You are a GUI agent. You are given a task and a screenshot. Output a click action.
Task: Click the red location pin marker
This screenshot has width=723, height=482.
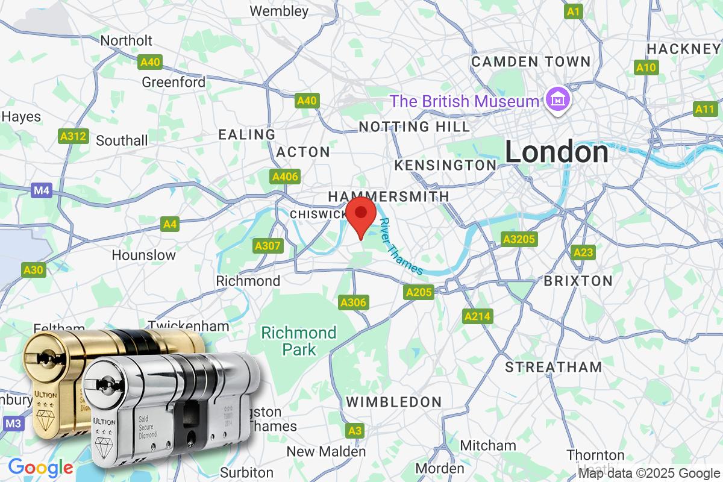pos(361,215)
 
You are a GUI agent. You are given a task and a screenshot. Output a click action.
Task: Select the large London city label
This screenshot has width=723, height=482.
pos(557,152)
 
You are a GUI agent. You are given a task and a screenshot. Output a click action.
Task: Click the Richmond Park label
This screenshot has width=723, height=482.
pos(298,341)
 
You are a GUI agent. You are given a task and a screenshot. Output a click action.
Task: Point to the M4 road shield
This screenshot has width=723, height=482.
pos(41,191)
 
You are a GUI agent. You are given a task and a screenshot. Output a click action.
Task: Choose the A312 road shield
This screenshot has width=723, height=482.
pos(72,136)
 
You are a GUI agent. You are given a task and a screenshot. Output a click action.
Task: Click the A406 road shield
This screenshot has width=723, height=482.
pos(284,177)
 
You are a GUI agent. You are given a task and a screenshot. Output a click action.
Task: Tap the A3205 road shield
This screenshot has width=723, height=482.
pos(519,239)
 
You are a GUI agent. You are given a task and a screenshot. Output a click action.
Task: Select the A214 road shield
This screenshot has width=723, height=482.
pos(478,316)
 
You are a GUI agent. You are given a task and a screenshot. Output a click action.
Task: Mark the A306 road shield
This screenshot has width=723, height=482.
pos(353,302)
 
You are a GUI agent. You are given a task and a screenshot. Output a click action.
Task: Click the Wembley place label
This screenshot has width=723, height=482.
pos(279,11)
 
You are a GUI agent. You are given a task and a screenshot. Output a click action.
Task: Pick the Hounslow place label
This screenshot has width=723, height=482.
pos(144,255)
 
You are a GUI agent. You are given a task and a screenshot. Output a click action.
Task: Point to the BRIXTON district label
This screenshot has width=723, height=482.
pos(578,281)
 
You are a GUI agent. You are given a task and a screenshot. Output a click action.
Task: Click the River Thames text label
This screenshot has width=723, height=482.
pos(401,246)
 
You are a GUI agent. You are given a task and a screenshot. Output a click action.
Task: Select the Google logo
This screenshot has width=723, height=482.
pos(40,467)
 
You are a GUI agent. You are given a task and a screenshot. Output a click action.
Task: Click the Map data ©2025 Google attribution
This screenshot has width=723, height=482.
pos(649,473)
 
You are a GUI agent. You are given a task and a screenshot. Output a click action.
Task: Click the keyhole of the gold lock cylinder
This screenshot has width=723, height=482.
pos(43,358)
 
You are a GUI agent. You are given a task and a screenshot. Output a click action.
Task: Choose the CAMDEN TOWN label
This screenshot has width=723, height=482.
pos(531,61)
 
